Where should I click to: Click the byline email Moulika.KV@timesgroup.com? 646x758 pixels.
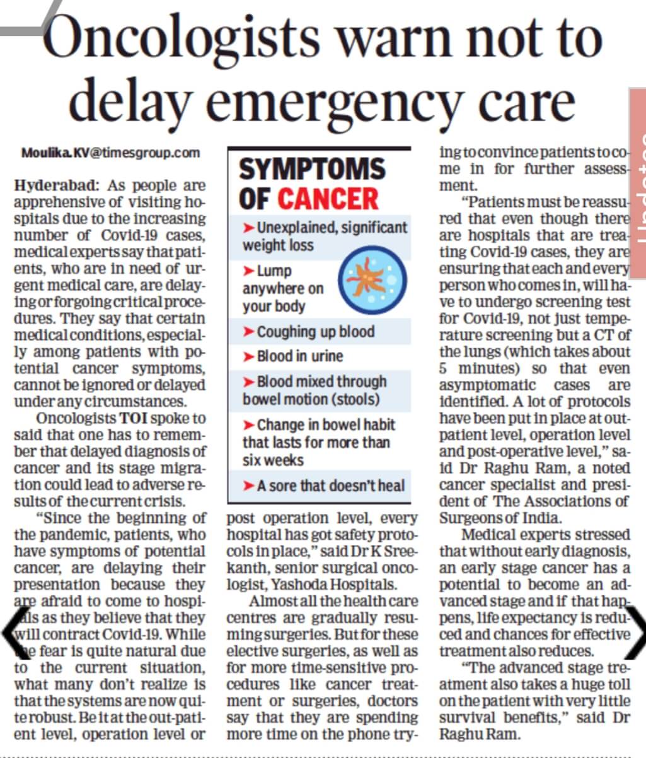point(110,153)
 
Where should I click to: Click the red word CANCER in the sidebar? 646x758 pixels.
point(328,199)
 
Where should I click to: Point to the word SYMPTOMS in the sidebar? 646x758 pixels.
point(312,169)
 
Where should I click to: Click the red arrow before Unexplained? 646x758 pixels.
point(248,228)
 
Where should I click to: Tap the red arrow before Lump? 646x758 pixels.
point(248,271)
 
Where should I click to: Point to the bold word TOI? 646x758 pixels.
point(134,418)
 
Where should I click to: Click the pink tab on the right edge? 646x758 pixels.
point(638,183)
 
